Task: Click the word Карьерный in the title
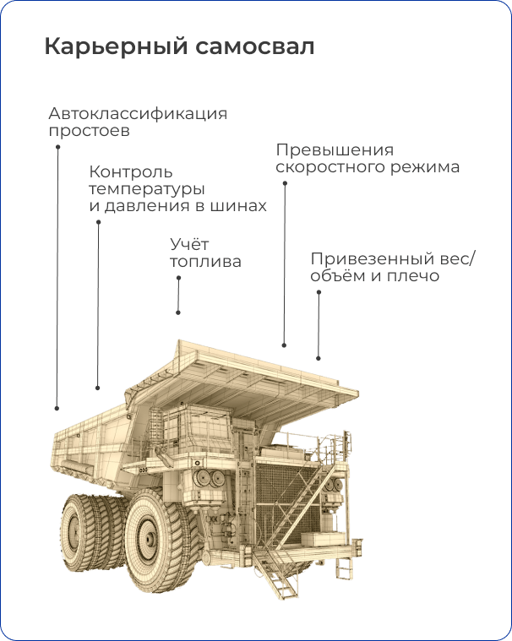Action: (116, 46)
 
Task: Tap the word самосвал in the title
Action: (255, 47)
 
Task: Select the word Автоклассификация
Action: (138, 114)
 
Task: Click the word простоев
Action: (90, 132)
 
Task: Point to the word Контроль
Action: (131, 172)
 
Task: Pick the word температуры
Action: (147, 190)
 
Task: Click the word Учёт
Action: (189, 244)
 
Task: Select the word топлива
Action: (205, 262)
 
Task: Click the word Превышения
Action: (335, 150)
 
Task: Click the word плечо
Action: (412, 276)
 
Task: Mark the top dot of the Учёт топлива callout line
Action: (179, 278)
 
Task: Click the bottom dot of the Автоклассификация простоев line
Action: (57, 408)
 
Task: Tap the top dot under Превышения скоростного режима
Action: (285, 183)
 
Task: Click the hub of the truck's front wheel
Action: (150, 539)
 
